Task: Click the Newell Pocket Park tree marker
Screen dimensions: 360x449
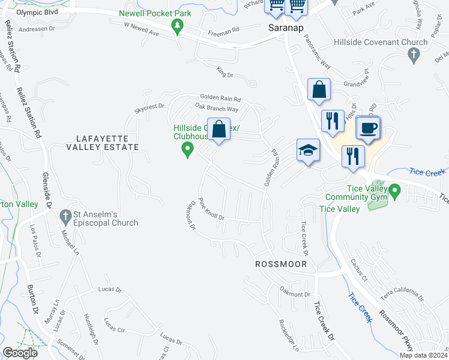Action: click(177, 26)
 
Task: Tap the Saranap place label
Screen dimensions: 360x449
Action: click(285, 28)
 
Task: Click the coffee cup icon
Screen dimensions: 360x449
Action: click(367, 127)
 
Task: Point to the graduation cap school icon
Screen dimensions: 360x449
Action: click(307, 150)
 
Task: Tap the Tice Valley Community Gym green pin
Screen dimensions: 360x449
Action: click(394, 192)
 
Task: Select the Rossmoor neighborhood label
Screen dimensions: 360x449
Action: click(281, 264)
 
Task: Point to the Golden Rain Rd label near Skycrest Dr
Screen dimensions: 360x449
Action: click(220, 99)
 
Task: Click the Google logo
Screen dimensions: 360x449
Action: click(20, 353)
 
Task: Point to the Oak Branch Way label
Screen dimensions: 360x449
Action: click(217, 109)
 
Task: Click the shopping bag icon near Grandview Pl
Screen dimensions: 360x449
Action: click(319, 89)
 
